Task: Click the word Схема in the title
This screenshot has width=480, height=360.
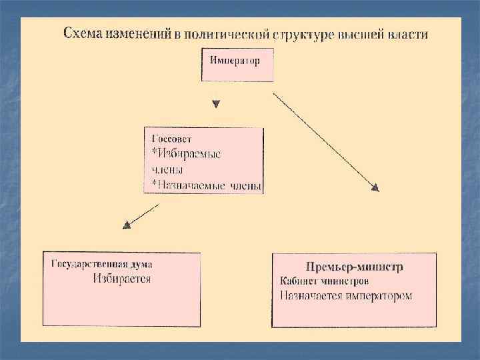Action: (81, 34)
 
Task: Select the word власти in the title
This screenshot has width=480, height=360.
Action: (408, 34)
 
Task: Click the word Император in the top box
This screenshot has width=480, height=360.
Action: (235, 61)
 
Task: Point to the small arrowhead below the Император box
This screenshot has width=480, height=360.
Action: (215, 105)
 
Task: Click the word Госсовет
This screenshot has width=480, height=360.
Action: (171, 139)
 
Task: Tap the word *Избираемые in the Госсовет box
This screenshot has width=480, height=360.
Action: (187, 154)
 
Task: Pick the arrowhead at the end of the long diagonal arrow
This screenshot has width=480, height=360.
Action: (375, 188)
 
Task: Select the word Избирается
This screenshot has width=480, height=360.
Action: (121, 279)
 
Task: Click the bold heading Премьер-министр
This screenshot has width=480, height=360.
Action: (354, 267)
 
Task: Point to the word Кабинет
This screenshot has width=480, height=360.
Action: (297, 281)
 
